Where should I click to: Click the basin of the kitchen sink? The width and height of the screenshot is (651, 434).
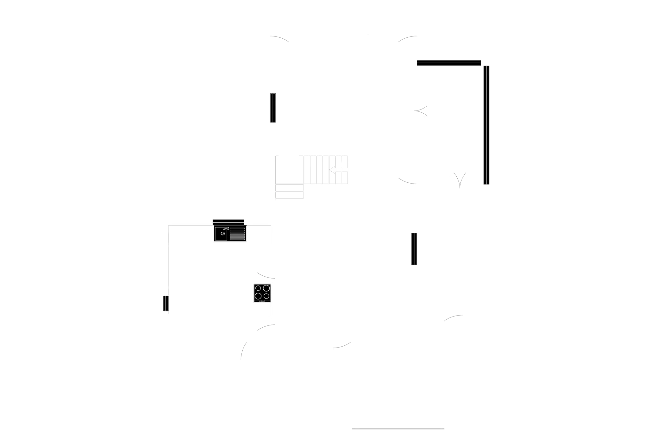click(x=221, y=234)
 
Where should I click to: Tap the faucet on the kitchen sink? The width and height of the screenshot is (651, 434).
click(x=225, y=229)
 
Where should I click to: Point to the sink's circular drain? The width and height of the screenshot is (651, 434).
click(x=223, y=234)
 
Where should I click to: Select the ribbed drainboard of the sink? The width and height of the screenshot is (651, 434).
click(x=237, y=234)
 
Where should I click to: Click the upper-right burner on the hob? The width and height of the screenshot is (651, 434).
click(x=266, y=288)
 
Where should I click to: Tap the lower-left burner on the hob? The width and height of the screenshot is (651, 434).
click(x=258, y=296)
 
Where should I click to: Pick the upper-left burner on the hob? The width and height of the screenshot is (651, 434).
click(x=258, y=288)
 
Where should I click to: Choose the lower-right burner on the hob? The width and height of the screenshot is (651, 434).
click(x=266, y=296)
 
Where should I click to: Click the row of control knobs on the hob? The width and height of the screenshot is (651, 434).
click(x=262, y=301)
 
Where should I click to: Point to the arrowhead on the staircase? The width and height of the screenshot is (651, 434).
click(x=331, y=170)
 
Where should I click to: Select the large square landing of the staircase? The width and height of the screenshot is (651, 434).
click(x=289, y=169)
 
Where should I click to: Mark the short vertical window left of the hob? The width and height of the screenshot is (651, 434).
click(x=165, y=303)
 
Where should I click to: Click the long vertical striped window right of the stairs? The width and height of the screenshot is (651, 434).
click(x=487, y=125)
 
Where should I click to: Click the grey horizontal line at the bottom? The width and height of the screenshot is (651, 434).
click(x=398, y=429)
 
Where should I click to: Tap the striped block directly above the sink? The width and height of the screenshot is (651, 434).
click(x=228, y=221)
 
